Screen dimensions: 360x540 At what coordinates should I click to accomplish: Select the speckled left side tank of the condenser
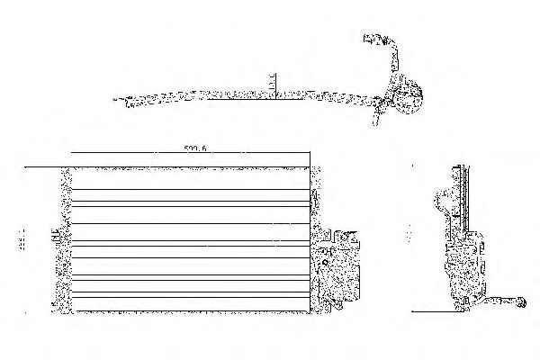click(63, 238)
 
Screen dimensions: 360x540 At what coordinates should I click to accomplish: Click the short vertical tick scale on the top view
click(272, 85)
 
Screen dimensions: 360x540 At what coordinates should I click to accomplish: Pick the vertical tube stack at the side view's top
click(463, 193)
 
